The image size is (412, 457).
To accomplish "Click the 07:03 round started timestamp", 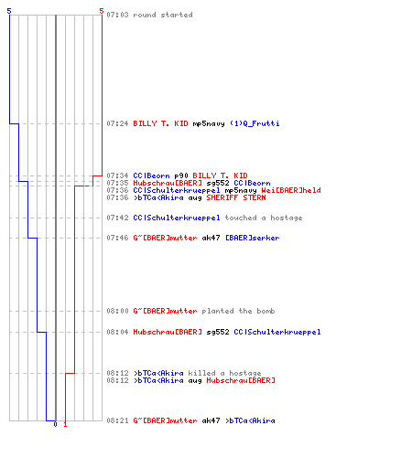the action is pyautogui.click(x=117, y=15).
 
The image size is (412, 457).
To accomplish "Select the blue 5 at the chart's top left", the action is pyautogui.click(x=9, y=11).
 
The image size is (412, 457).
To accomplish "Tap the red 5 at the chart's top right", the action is pyautogui.click(x=102, y=11).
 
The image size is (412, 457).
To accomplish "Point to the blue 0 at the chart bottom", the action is pyautogui.click(x=55, y=424).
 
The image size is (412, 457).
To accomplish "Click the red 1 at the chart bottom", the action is pyautogui.click(x=65, y=424).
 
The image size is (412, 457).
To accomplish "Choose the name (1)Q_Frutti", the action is pyautogui.click(x=255, y=123).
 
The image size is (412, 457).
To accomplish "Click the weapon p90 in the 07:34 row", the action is pyautogui.click(x=181, y=175).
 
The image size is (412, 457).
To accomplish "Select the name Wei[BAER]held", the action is pyautogui.click(x=291, y=190).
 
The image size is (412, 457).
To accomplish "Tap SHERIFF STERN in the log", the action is pyautogui.click(x=236, y=197).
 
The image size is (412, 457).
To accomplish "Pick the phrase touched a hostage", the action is pyautogui.click(x=264, y=218).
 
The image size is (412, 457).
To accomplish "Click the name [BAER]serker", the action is pyautogui.click(x=253, y=238).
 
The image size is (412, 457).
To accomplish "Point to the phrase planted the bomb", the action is pyautogui.click(x=238, y=311).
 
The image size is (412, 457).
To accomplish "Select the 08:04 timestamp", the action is pyautogui.click(x=117, y=332).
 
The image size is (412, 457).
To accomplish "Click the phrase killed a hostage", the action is pyautogui.click(x=224, y=373).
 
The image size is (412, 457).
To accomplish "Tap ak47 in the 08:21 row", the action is pyautogui.click(x=211, y=420).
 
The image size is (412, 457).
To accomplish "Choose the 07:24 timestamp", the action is pyautogui.click(x=117, y=123).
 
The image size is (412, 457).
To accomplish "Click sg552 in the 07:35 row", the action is pyautogui.click(x=218, y=183).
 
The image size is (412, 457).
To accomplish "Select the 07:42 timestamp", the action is pyautogui.click(x=117, y=218).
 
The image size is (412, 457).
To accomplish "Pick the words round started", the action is pyautogui.click(x=163, y=15).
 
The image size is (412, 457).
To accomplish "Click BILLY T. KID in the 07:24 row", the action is pyautogui.click(x=160, y=123).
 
